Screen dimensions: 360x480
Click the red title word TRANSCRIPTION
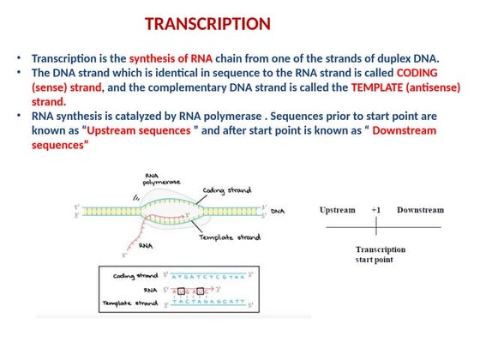[x=207, y=24]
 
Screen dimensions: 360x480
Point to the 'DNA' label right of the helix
[x=278, y=210]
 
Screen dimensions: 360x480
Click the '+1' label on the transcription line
[x=376, y=210]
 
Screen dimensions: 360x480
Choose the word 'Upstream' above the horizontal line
[x=338, y=210]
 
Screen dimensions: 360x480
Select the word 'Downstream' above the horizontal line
[x=420, y=210]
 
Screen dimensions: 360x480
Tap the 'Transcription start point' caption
[x=381, y=255]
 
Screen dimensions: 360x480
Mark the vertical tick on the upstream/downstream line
[x=376, y=227]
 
